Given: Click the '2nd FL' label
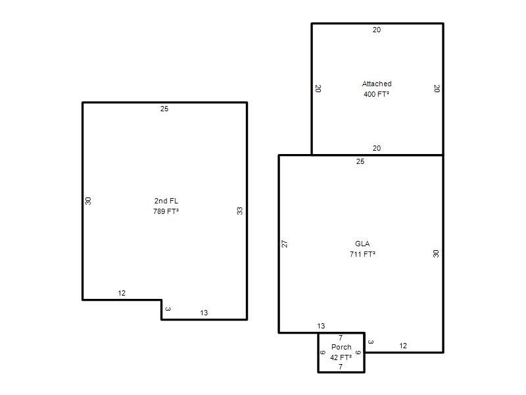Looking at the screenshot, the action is pos(166,201).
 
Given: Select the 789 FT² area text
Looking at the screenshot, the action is pos(166,211).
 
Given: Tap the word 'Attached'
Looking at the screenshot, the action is pos(377,84).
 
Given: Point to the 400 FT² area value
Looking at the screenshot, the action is pos(376,94).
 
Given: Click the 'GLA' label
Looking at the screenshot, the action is pos(362,244).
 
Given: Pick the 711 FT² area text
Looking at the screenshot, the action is pos(362,254).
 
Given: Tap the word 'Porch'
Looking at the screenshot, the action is pos(341,347).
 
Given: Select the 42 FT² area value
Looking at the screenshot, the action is pos(341,357).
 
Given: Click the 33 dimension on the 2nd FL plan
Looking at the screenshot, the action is pos(239,211).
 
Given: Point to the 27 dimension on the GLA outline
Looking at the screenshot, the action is pos(285,244).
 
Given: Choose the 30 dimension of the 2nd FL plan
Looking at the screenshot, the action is pos(88,201).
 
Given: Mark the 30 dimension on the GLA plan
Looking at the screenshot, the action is pos(436,253).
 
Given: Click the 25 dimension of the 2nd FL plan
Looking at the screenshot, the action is pos(164,109).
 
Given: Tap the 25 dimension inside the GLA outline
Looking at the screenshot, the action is pos(360,161).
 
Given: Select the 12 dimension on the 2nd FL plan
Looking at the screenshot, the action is pos(122,293).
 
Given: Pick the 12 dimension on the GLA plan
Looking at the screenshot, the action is pos(403,346).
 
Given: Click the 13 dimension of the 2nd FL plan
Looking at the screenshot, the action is pos(204,313).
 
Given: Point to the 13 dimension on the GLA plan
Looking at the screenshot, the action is pos(321,326).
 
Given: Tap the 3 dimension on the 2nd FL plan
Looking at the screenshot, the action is pos(168,309).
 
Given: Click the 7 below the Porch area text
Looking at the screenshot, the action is pos(341,367).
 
